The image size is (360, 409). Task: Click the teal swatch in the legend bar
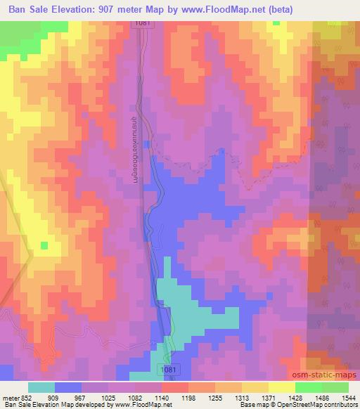[41, 387]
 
